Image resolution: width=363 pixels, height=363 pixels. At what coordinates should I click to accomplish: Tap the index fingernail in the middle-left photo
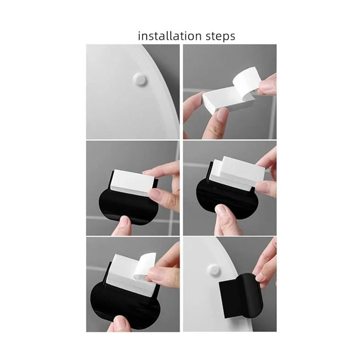tap(155, 192)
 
